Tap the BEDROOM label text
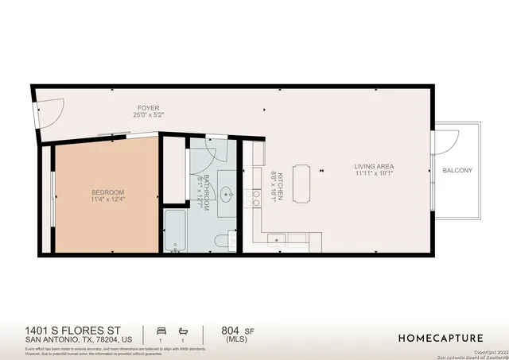(x=107, y=192)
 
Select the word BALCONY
(x=457, y=171)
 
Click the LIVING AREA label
(x=374, y=166)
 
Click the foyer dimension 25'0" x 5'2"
(x=149, y=115)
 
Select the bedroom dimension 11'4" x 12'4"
(x=107, y=199)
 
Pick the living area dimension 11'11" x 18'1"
(x=374, y=173)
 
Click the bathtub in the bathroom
(x=174, y=231)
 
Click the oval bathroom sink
(x=226, y=193)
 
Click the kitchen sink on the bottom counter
(x=276, y=238)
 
